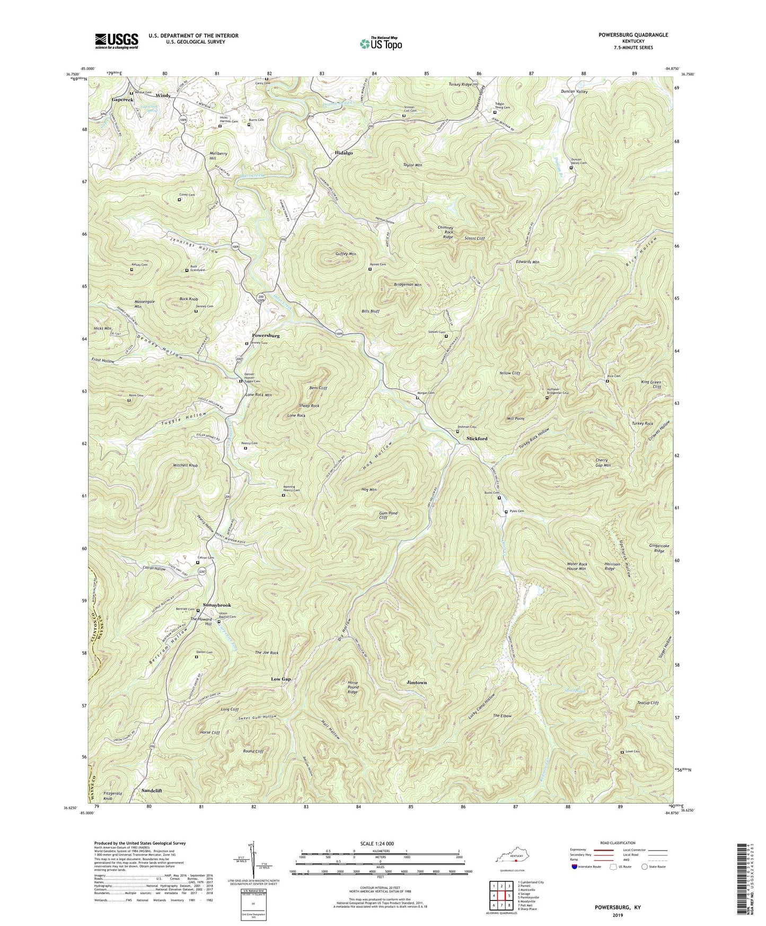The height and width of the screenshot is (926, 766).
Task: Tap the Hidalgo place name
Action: click(x=344, y=153)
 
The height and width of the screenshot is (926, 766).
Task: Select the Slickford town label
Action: click(x=477, y=439)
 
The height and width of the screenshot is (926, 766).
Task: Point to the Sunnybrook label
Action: click(x=217, y=605)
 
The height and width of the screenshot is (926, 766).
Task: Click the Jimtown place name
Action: click(x=417, y=683)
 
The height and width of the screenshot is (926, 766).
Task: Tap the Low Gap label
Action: click(x=281, y=679)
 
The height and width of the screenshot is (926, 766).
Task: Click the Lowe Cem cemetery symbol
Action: click(x=622, y=752)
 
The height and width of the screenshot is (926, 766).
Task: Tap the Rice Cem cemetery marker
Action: click(x=607, y=381)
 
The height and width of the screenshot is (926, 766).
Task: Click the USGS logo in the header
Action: click(x=117, y=41)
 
